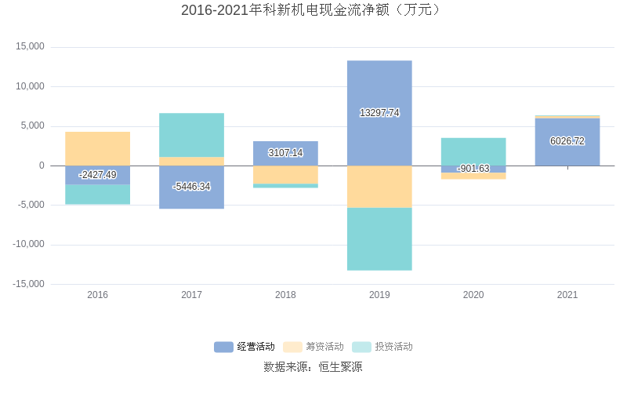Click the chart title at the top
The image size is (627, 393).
pos(313,10)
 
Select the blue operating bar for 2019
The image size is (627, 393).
pos(379,86)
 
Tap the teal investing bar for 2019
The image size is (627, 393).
pos(379,238)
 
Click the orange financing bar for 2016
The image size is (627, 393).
pos(97,148)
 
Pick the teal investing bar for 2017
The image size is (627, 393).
pos(191,135)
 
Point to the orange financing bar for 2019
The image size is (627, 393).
pos(379,187)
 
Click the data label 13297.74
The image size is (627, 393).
pos(379,113)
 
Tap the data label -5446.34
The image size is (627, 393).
pos(191,187)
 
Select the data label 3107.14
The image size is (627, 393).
pos(285,153)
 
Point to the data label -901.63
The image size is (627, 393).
pos(473,169)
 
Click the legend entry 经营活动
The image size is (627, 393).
pos(245,347)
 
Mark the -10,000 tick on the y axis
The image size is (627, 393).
pos(28,245)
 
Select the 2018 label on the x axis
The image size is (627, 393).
pos(285,295)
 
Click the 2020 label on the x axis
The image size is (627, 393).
pos(473,295)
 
